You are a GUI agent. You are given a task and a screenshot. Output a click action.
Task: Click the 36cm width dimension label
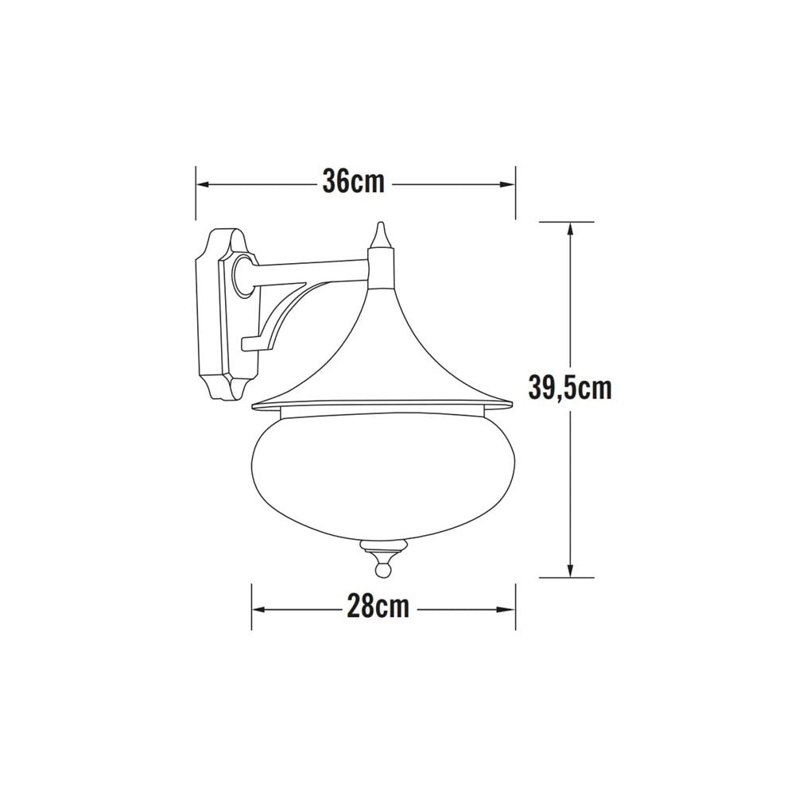tap(353, 182)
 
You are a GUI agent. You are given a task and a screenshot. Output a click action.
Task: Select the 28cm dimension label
tap(378, 608)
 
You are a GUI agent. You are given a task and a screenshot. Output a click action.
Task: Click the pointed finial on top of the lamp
tap(382, 235)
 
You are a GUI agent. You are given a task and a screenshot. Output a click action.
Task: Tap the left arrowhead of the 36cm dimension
tap(202, 184)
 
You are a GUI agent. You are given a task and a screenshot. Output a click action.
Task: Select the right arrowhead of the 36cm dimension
tap(510, 184)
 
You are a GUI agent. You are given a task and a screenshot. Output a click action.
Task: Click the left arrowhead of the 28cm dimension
tap(258, 610)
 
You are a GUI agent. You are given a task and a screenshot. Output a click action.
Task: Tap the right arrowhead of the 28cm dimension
tap(510, 610)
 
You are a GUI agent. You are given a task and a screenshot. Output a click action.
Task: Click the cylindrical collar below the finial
tap(382, 266)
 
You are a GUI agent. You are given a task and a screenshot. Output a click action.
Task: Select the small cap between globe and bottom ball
tap(384, 548)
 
